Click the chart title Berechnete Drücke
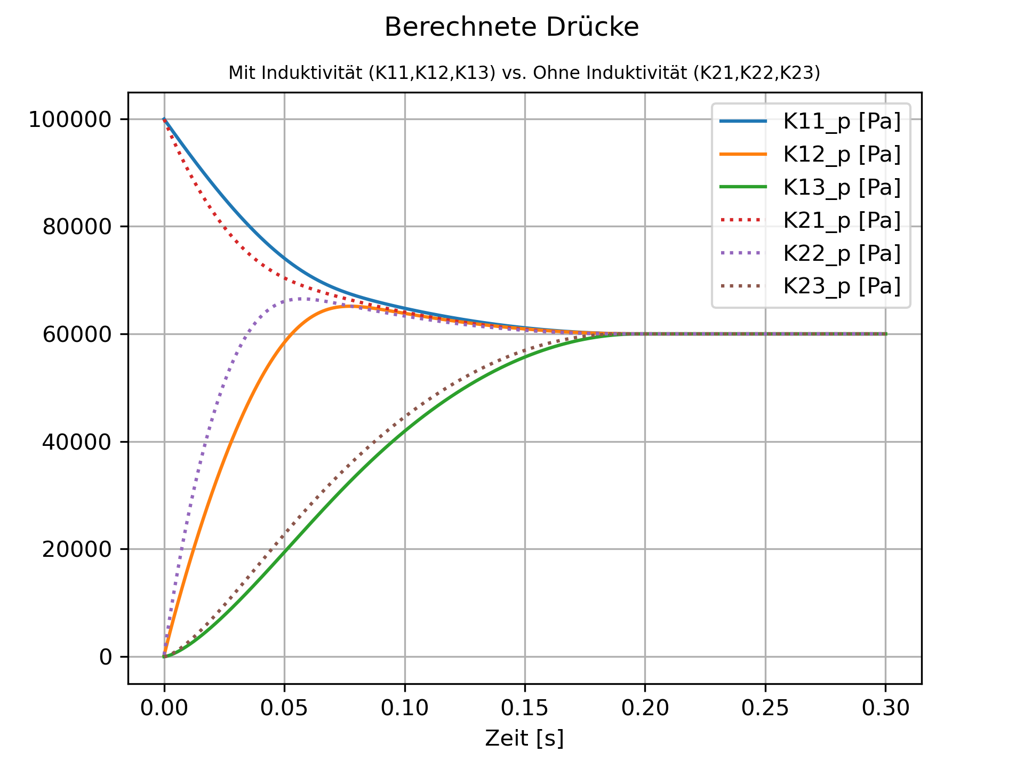click(511, 27)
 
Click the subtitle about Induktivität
click(524, 73)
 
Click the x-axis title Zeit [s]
click(524, 739)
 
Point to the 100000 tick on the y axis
click(70, 120)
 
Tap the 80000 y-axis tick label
click(77, 227)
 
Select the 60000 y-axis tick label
click(77, 335)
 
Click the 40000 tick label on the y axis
click(77, 442)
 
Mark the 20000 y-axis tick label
click(77, 550)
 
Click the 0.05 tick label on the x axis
click(284, 708)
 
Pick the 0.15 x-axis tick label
click(525, 708)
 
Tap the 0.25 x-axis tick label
click(765, 708)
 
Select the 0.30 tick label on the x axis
click(886, 708)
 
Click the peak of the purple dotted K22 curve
click(301, 299)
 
